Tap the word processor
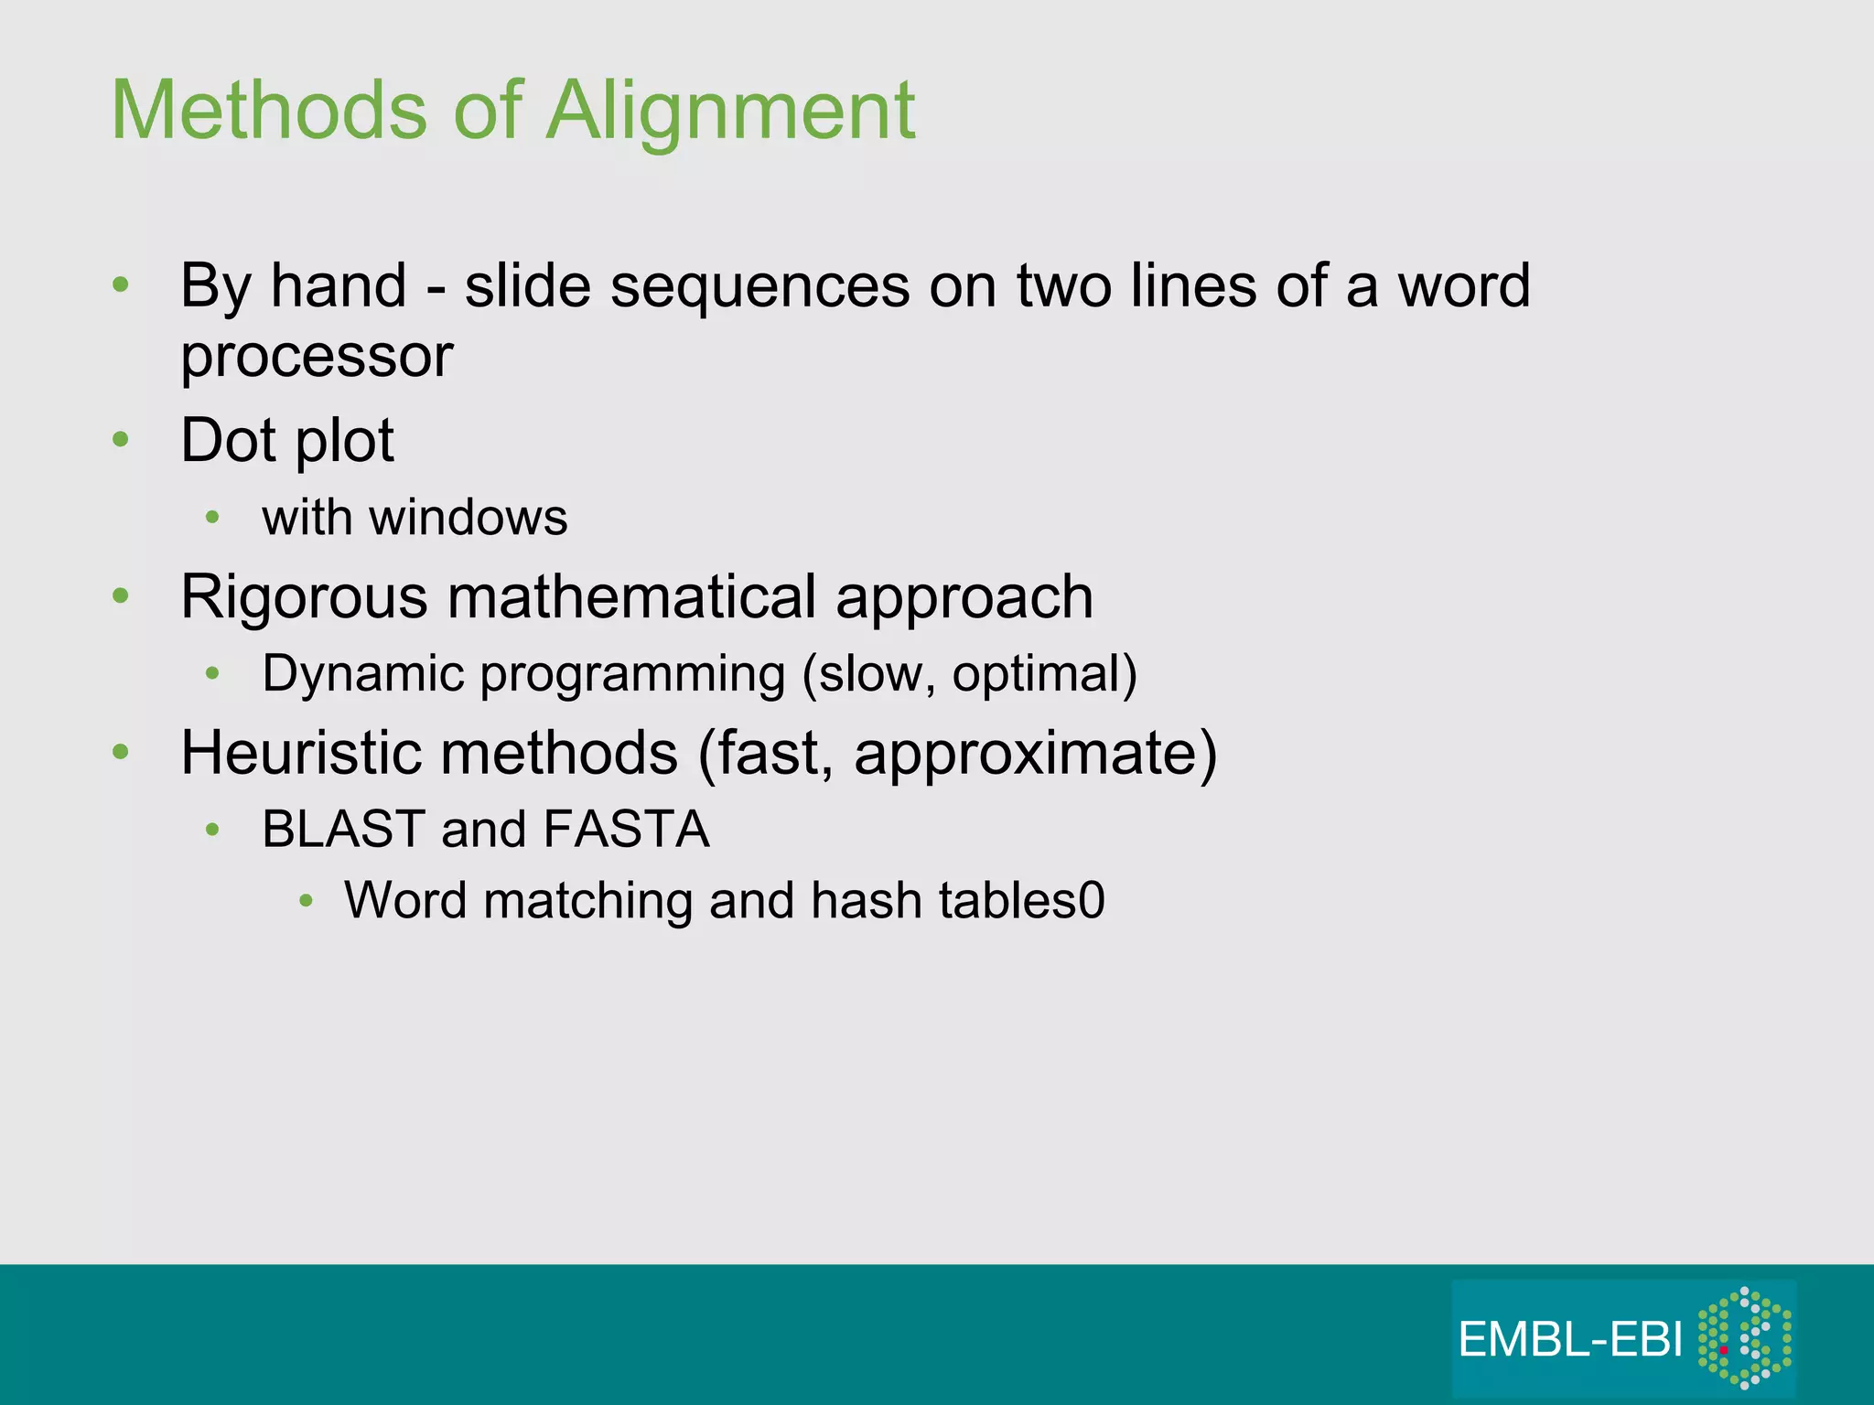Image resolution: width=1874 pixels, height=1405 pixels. pyautogui.click(x=317, y=357)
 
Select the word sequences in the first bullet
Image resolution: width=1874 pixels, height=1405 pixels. pyautogui.click(x=759, y=286)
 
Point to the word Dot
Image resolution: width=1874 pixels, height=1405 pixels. pyautogui.click(x=227, y=441)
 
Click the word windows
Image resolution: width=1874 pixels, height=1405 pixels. pyautogui.click(x=468, y=518)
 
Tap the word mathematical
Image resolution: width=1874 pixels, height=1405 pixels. pyautogui.click(x=631, y=597)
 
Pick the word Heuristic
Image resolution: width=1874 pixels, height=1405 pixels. pyautogui.click(x=301, y=753)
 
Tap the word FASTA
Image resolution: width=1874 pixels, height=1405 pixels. pyautogui.click(x=626, y=830)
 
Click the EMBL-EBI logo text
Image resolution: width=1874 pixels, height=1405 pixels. pyautogui.click(x=1570, y=1340)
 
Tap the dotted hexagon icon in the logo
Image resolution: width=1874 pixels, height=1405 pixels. pyautogui.click(x=1744, y=1337)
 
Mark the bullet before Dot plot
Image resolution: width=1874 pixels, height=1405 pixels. pyautogui.click(x=121, y=441)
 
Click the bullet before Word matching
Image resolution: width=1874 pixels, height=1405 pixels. pyautogui.click(x=307, y=902)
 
